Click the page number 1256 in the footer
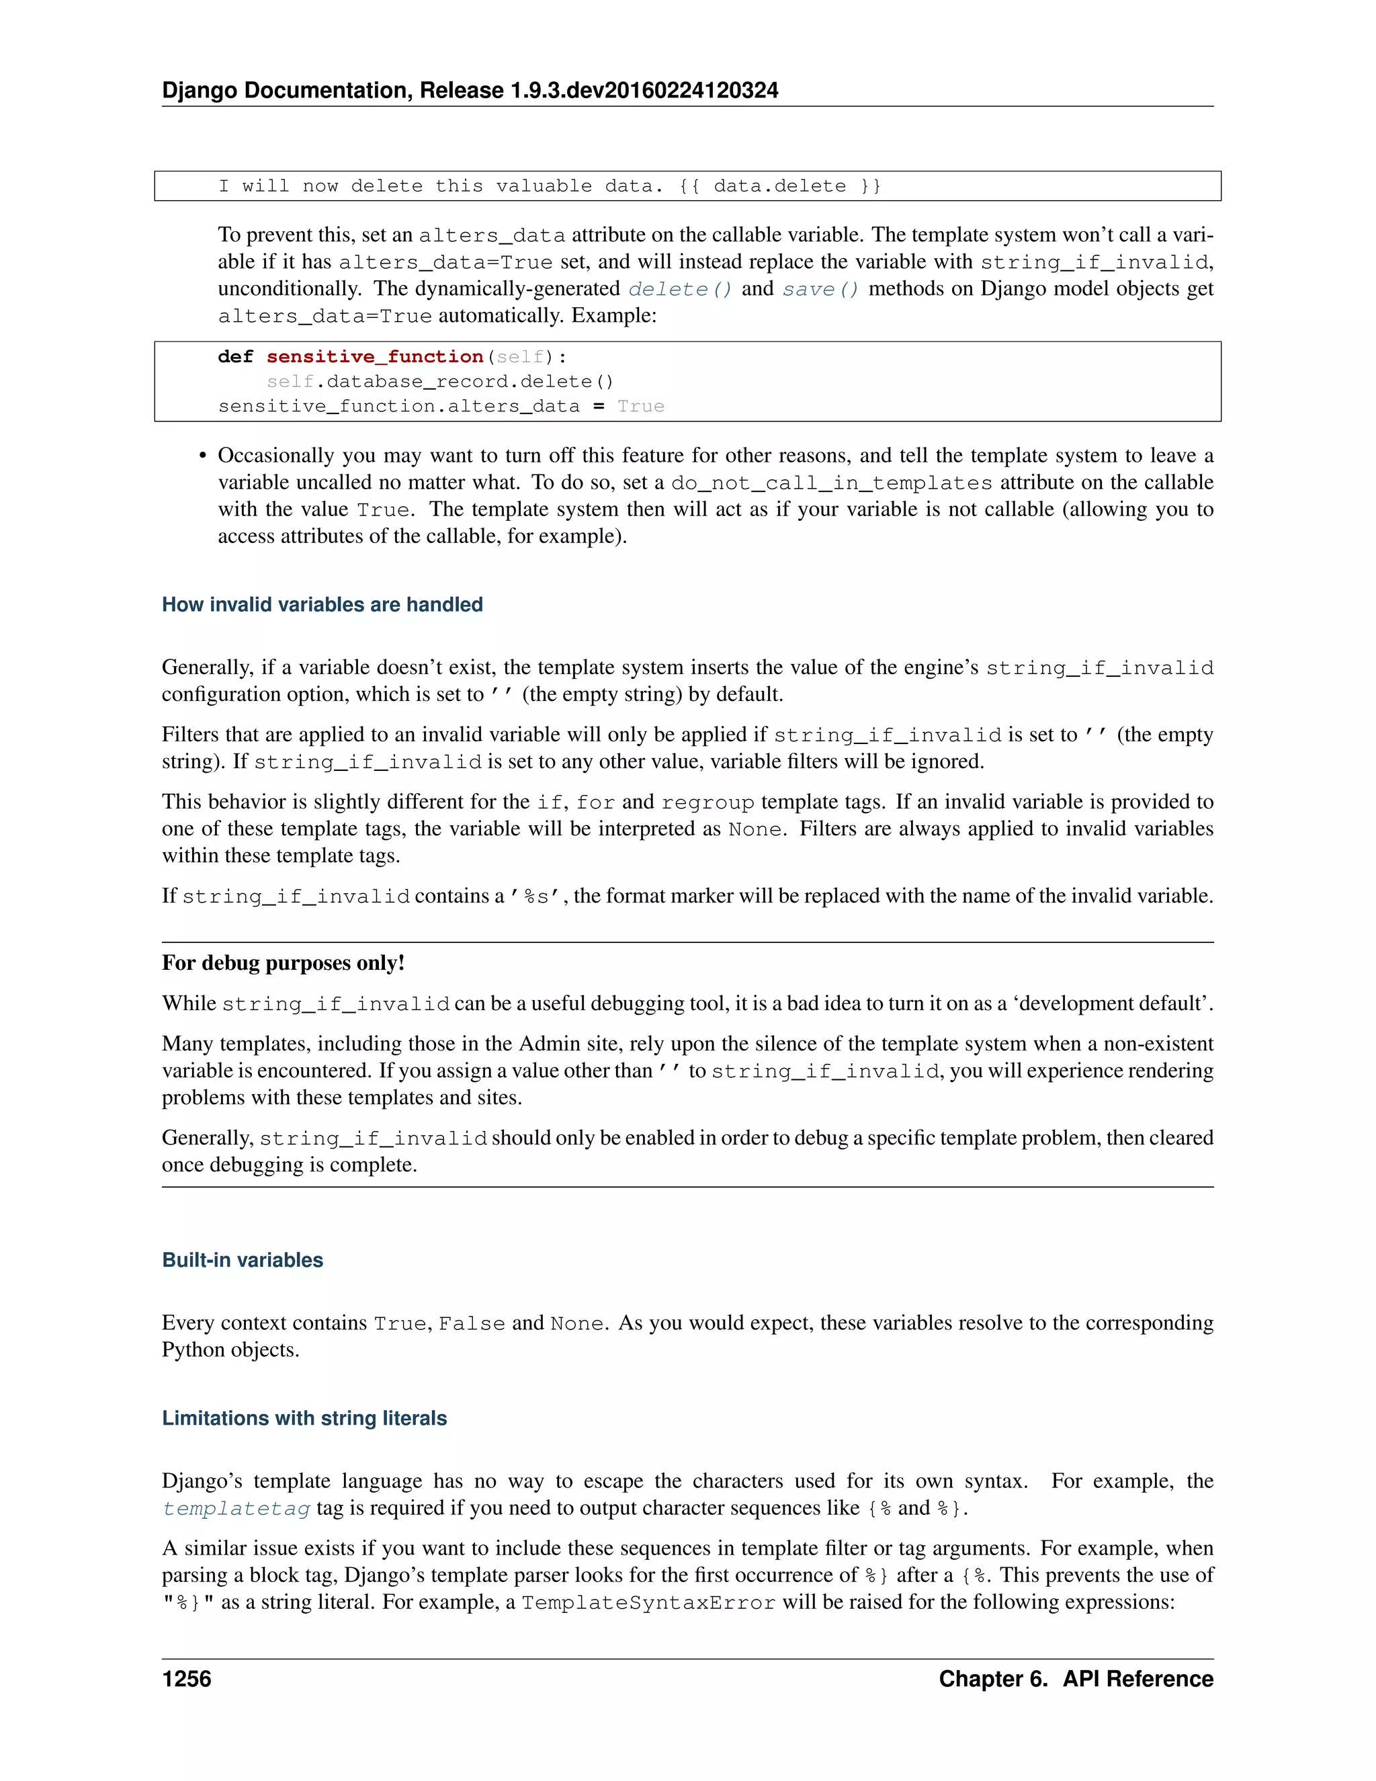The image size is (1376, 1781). [187, 1678]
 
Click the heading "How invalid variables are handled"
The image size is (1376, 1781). [322, 604]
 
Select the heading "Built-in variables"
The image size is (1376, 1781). [242, 1260]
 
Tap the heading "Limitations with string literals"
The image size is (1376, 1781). [304, 1418]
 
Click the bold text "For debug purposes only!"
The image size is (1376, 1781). [283, 963]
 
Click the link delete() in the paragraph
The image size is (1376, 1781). [680, 290]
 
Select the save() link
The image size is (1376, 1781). [820, 290]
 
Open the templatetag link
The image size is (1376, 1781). [236, 1509]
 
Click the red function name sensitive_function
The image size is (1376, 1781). [375, 357]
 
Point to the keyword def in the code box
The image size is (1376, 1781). [236, 357]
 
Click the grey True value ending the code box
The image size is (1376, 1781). [641, 407]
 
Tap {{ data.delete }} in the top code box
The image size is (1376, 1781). [780, 186]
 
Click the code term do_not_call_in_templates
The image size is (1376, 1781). [832, 483]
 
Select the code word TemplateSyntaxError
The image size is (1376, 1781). [648, 1602]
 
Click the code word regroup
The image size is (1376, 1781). [707, 802]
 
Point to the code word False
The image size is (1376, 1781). [472, 1323]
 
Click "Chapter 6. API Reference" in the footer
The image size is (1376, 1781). [1075, 1678]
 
